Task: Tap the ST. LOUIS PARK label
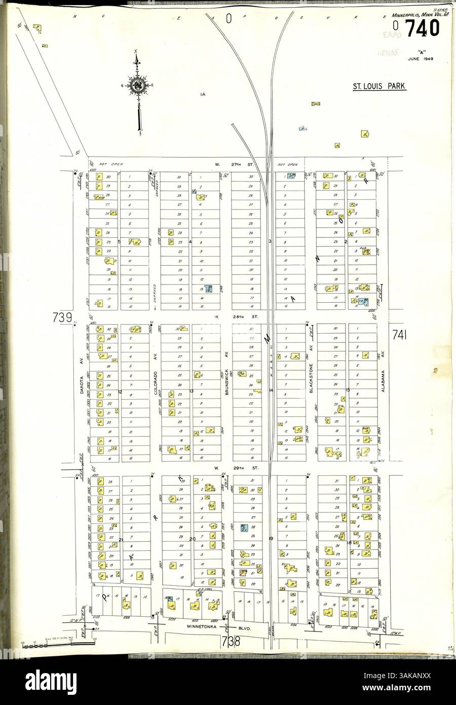[x=379, y=86]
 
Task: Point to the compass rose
[x=137, y=86]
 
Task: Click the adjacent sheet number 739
[x=60, y=318]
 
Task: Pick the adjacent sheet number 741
[x=399, y=335]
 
